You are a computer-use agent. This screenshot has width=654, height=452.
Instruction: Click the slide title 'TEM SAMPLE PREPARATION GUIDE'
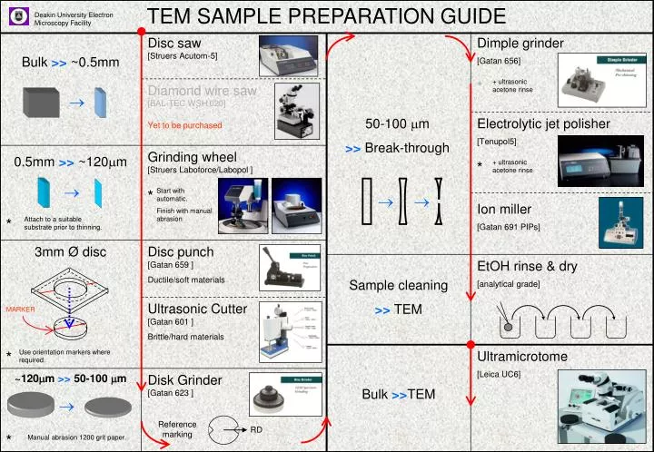point(326,16)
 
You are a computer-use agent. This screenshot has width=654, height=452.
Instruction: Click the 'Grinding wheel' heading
point(192,157)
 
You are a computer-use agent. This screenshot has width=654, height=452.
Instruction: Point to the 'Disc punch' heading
point(181,251)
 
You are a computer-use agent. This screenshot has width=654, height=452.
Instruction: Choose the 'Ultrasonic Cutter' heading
point(197,309)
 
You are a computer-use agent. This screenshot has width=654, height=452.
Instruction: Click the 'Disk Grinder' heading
point(185,379)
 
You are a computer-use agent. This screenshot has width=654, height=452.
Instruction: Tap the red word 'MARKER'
point(20,310)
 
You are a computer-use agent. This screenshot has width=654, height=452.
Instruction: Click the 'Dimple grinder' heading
point(520,44)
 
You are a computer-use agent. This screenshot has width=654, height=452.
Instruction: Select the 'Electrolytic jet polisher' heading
point(544,123)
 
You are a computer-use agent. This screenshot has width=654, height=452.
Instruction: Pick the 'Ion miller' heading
point(504,210)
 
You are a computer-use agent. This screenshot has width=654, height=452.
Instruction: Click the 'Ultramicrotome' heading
point(522,356)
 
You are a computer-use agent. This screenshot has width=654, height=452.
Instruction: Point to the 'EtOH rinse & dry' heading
point(527,267)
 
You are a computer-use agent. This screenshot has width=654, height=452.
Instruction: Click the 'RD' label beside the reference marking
point(257,429)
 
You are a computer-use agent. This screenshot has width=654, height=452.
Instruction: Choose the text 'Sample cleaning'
point(399,286)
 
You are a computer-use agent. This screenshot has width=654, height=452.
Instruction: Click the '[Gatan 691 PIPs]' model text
point(508,227)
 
